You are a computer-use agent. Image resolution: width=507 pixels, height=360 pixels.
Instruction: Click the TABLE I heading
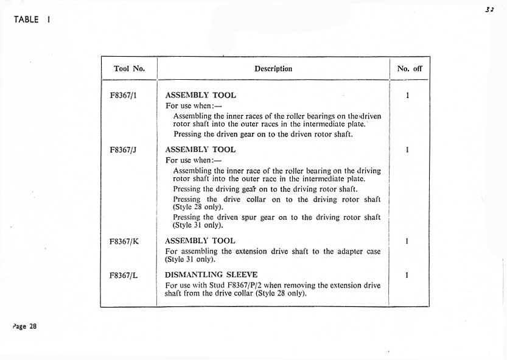click(x=32, y=19)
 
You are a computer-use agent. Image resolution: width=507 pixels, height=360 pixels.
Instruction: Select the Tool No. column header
click(x=129, y=69)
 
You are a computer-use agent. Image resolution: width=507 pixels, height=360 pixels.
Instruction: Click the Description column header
click(x=273, y=69)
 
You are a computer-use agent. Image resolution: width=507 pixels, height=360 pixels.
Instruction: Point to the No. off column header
click(x=409, y=69)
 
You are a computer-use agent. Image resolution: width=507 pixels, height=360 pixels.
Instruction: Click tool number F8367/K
click(x=124, y=241)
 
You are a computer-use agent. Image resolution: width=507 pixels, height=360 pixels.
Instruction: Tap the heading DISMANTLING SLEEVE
click(x=211, y=275)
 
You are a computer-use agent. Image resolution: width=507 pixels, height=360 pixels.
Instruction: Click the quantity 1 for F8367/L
click(x=407, y=275)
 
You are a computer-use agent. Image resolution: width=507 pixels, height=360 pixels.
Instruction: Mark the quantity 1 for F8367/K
click(x=407, y=241)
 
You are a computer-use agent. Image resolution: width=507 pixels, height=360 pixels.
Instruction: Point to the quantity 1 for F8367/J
click(x=407, y=150)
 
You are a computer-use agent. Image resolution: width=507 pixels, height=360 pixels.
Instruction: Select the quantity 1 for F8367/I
click(x=407, y=96)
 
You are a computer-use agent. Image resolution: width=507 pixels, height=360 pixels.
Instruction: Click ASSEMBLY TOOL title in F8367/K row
click(x=200, y=241)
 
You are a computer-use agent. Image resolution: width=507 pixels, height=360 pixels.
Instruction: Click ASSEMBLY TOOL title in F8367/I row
click(x=200, y=96)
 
